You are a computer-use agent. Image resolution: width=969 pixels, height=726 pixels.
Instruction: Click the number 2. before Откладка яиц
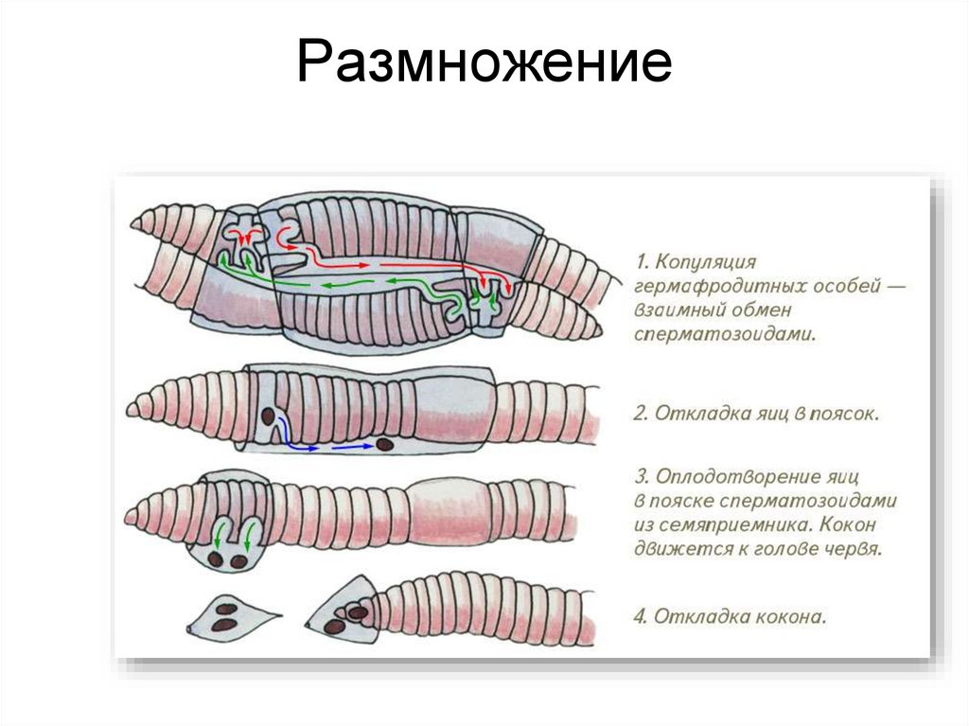pyautogui.click(x=639, y=414)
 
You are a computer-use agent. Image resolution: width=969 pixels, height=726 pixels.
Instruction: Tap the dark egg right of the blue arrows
pyautogui.click(x=385, y=443)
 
